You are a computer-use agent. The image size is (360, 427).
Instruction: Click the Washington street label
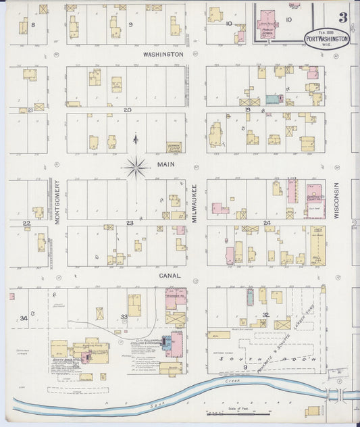coord(162,53)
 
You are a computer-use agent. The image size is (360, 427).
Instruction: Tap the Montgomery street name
coord(57,201)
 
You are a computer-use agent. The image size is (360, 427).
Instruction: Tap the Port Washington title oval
coord(327,39)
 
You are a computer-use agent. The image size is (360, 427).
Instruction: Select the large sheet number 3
coord(343,16)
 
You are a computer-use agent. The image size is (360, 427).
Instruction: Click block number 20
coord(126,109)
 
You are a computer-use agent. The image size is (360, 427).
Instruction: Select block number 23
coord(129,222)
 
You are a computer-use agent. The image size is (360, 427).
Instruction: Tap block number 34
coord(24,318)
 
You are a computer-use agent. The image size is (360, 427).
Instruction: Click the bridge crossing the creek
coord(337,394)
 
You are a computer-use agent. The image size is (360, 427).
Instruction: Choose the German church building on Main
coord(174,147)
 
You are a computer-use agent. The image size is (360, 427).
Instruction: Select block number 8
coord(32,24)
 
